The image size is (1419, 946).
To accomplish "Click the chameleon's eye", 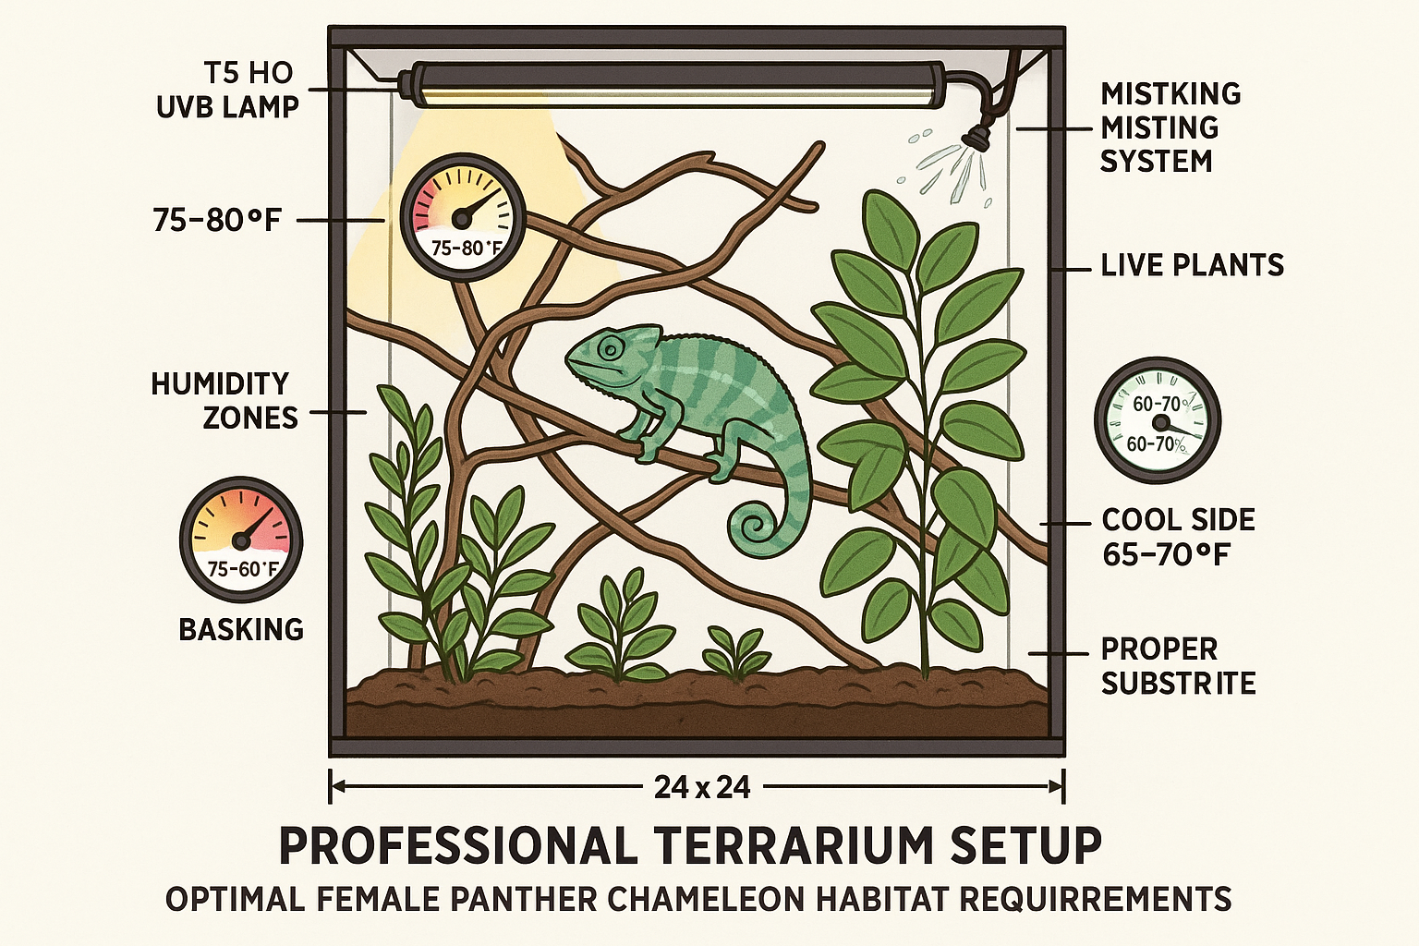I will click(x=610, y=348).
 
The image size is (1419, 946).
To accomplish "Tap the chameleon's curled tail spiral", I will click(x=755, y=528).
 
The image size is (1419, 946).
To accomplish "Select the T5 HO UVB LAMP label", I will click(x=228, y=90).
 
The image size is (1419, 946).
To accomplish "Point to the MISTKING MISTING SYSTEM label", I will click(x=1170, y=127).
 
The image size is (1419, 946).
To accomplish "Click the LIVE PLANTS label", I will click(x=1192, y=266).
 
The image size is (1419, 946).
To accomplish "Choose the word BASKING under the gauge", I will click(x=241, y=630).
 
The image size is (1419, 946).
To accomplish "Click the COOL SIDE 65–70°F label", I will click(x=1178, y=537).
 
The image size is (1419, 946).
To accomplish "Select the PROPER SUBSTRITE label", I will click(x=1178, y=665).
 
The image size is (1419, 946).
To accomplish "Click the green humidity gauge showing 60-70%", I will click(x=1157, y=421).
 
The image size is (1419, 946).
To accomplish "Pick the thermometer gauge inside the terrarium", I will click(x=456, y=218).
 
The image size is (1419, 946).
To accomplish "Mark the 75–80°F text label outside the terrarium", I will click(x=217, y=220).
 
